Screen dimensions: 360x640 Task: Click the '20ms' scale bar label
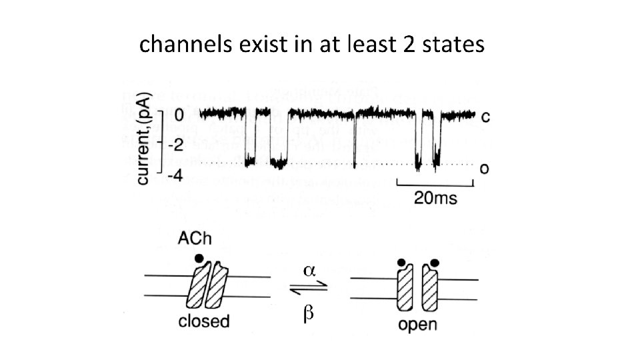point(435,198)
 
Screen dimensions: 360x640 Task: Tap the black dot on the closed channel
point(197,257)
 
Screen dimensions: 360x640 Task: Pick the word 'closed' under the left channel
point(204,321)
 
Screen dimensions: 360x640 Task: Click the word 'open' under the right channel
point(417,325)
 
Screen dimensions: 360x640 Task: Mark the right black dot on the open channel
point(435,262)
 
